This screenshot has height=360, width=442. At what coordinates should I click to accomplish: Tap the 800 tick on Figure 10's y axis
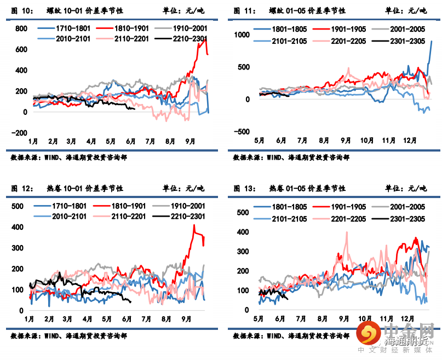pyautogui.click(x=20, y=28)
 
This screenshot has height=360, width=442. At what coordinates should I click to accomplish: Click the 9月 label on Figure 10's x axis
pyautogui.click(x=190, y=141)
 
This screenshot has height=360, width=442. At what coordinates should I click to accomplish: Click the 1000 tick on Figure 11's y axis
pyautogui.click(x=242, y=35)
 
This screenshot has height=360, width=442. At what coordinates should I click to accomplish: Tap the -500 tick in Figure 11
pyautogui.click(x=240, y=131)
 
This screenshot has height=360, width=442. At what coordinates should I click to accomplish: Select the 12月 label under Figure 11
pyautogui.click(x=410, y=140)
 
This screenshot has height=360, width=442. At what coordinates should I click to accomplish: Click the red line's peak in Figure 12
pyautogui.click(x=194, y=225)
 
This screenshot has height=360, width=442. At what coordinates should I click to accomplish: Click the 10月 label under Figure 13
pyautogui.click(x=365, y=318)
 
